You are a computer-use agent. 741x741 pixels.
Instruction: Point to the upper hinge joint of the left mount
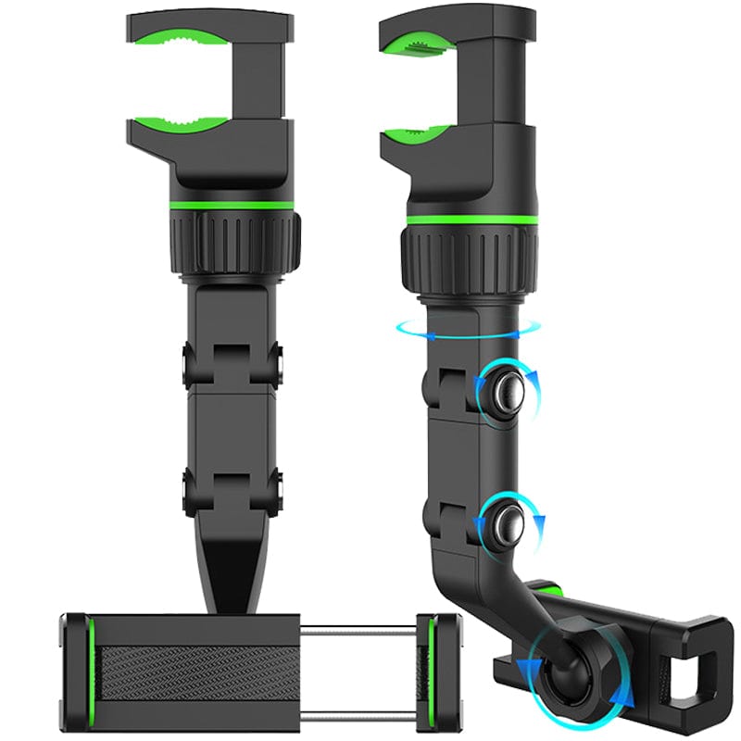pyautogui.click(x=232, y=362)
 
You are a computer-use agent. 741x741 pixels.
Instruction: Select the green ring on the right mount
pyautogui.click(x=471, y=220)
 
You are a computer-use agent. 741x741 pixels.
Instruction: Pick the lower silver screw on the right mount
pyautogui.click(x=506, y=524)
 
